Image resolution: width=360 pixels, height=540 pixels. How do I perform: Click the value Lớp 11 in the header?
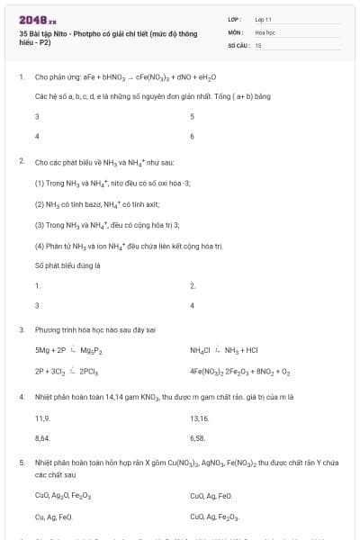coord(264,18)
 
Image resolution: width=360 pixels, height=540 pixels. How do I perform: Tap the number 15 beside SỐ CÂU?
coord(258,44)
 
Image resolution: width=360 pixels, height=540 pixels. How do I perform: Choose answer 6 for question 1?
coord(193,136)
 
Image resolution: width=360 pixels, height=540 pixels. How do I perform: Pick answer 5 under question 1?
coord(193,117)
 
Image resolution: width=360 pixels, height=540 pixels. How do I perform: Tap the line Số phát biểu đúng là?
coord(67,265)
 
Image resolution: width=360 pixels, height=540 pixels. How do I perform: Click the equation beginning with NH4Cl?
coord(223,350)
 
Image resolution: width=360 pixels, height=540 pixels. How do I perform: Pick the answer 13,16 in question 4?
coord(199,418)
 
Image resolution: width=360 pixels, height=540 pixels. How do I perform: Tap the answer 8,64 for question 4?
coord(42,437)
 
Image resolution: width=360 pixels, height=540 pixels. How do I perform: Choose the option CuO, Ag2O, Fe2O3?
coord(63,496)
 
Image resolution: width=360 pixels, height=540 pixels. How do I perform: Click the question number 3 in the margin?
coord(21,329)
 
